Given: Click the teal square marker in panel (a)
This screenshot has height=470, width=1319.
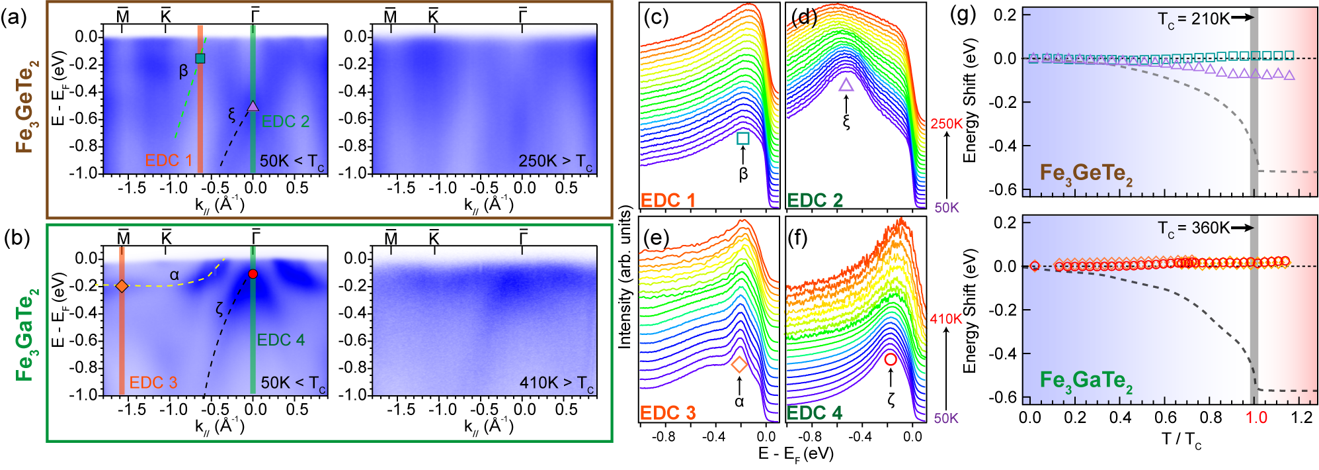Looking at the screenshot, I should coord(200,58).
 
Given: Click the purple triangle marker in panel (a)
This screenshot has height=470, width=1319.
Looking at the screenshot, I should coord(253,106).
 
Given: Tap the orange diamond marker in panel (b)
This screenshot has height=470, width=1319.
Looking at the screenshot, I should coord(122,286).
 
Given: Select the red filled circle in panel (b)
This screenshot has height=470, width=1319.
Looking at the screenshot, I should coord(253,274).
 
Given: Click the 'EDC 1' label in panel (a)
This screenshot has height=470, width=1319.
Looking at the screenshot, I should coord(169,161).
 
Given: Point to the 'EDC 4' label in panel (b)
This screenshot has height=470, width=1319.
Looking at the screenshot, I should coord(281,340).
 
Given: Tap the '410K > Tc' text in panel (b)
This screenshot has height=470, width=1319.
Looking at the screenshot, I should coord(556,383).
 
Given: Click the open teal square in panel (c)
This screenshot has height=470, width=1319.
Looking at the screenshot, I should coord(743,138).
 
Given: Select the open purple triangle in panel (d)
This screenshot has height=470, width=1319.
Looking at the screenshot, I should coord(846,85).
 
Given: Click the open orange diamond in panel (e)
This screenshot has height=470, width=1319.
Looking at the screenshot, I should coord(739,364).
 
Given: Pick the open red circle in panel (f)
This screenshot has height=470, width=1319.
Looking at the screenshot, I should coord(891,359).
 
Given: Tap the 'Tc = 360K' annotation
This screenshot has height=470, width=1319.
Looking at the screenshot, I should coord(1193,228).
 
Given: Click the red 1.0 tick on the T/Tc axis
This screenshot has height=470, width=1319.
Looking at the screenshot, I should coord(1256,418).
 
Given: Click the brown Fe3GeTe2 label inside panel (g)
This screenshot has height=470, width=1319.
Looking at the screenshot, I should coord(1086,174).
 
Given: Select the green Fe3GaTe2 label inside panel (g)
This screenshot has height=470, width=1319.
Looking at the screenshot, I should coord(1086,381).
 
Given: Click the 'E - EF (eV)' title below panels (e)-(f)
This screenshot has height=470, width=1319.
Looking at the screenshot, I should coord(796,454).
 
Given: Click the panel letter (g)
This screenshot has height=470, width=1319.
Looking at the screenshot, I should coord(963,15).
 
